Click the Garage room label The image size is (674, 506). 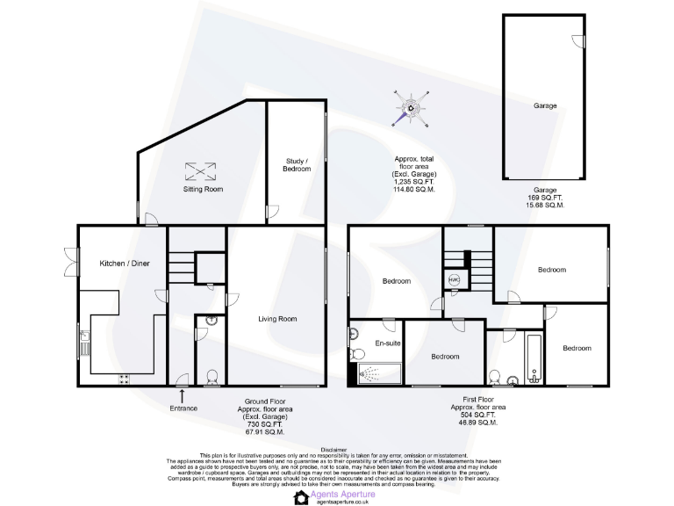[x=545, y=105]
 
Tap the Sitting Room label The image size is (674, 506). [x=203, y=189]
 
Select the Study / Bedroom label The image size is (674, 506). [x=298, y=164]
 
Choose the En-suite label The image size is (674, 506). [x=387, y=343]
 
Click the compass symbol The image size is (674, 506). [x=410, y=110]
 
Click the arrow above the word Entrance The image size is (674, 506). [x=183, y=395]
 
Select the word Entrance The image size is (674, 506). [x=183, y=408]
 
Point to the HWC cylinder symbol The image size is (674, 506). [x=454, y=279]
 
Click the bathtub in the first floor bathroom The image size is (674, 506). [x=533, y=358]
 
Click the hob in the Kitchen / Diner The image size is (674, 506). [x=124, y=379]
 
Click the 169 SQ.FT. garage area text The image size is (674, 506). [x=545, y=198]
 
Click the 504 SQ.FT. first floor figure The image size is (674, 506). [x=474, y=416]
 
